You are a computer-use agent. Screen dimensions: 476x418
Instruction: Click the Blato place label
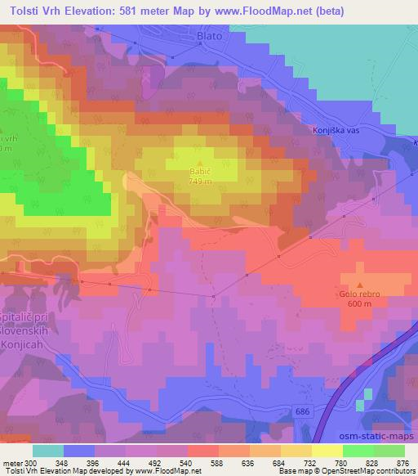tap(208, 37)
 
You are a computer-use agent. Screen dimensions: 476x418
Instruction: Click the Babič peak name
tap(201, 173)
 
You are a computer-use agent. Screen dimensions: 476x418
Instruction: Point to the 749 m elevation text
tap(201, 182)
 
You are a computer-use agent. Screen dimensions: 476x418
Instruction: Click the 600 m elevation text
tap(360, 304)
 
